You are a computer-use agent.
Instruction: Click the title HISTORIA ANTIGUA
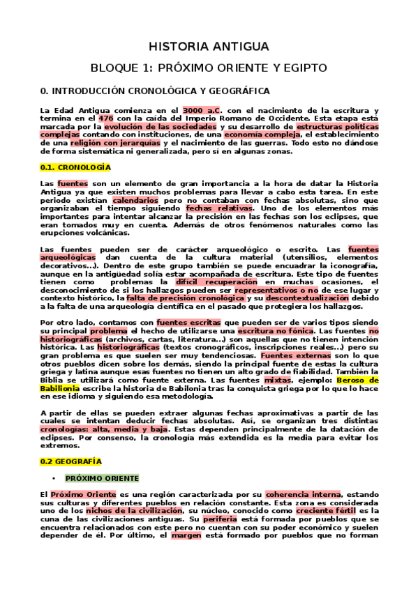209,47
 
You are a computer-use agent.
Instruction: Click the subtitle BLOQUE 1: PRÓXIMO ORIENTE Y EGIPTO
209,68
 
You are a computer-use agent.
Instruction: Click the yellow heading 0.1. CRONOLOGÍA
72,168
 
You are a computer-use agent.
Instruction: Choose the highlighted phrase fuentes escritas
188,323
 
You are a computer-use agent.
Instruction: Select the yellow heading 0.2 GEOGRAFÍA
71,461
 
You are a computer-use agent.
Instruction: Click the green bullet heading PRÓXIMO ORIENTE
102,478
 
